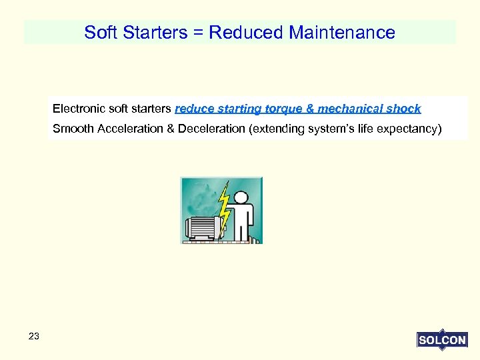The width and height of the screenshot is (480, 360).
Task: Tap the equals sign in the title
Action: coord(197,32)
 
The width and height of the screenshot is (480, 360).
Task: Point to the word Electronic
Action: coord(77,109)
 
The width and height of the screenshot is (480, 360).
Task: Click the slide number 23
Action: coord(34,337)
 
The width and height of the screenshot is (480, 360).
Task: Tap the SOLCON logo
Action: coord(441,339)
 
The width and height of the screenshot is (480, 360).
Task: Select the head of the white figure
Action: coord(241,197)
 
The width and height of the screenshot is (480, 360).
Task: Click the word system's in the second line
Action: coord(330,129)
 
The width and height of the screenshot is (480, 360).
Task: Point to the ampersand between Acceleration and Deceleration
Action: coord(171,129)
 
